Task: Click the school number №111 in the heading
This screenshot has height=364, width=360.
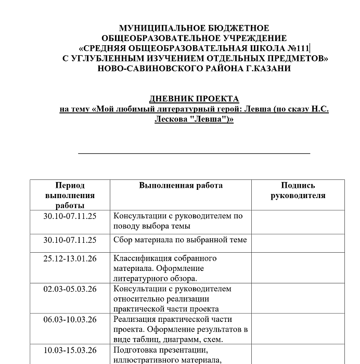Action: coord(298,48)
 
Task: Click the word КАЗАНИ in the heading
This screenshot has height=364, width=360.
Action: coord(267,69)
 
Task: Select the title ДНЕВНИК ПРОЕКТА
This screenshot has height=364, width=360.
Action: coord(194,99)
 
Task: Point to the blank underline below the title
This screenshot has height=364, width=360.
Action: coord(194,153)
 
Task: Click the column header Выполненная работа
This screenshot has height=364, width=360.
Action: coord(181,186)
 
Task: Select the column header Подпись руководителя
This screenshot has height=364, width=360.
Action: coord(298,190)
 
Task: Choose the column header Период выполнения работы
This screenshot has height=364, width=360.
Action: coord(70,196)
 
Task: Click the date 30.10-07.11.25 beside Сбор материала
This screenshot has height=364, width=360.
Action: coord(70,240)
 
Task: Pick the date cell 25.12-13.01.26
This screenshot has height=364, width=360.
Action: coord(70,258)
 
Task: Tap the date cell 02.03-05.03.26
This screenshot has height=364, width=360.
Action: coord(70,289)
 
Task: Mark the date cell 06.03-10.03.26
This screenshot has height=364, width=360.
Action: coord(70,319)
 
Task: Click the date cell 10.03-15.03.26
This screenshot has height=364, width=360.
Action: coord(70,350)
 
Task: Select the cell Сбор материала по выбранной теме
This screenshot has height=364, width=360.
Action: coord(180,240)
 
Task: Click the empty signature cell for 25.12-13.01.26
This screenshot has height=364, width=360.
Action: coord(298,268)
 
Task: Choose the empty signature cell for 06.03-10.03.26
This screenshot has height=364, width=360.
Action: coord(298,329)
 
